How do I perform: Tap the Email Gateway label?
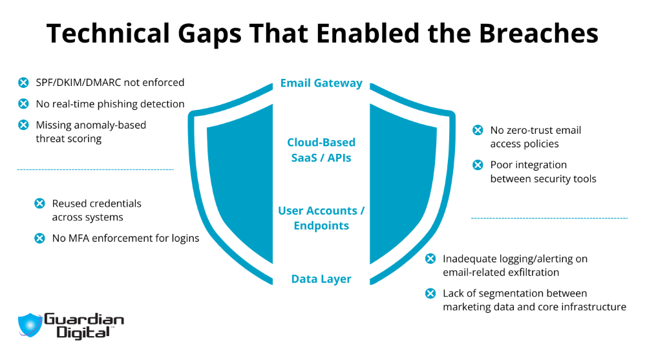coord(321,83)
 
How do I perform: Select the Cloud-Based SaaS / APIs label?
coord(321,149)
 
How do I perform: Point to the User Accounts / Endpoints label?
coord(321,218)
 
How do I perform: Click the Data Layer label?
coord(321,279)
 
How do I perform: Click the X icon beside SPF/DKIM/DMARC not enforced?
coord(23,83)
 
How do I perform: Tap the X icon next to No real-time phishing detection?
coord(23,104)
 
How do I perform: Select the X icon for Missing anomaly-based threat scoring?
coord(23,125)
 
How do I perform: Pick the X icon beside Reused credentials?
coord(39,204)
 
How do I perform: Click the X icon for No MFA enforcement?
coord(39,238)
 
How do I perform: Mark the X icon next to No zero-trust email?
coord(478,131)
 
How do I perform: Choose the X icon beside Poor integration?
coord(478,165)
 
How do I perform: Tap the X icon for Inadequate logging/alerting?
coord(430,259)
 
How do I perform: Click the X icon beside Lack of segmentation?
coord(430,294)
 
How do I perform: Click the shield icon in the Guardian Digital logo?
coord(29,325)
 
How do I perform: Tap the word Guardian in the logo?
coord(83,319)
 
